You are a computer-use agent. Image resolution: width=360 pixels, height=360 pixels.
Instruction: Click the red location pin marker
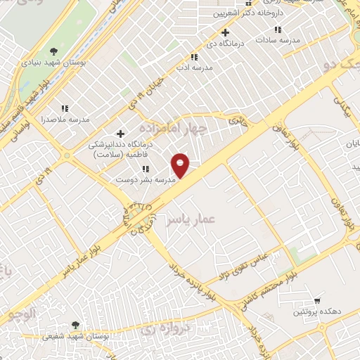(181, 165)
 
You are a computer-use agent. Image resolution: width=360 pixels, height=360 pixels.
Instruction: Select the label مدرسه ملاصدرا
(65, 120)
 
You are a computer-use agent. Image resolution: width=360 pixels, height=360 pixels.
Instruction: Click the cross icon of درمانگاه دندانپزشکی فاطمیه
(120, 133)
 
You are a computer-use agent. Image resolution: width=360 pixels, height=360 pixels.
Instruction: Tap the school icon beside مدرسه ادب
(193, 57)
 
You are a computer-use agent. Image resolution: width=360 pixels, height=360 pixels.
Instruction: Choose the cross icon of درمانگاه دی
(225, 32)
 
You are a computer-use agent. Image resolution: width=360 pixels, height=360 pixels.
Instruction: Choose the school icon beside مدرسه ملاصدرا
(65, 108)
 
